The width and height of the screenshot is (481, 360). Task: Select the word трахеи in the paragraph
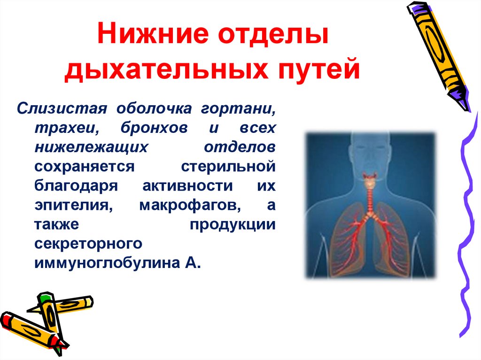[64, 128]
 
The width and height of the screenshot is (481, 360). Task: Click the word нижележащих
[88, 147]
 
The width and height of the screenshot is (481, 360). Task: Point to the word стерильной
[228, 166]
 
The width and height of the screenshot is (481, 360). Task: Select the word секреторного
[88, 243]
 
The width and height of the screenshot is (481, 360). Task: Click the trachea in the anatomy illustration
[369, 198]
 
